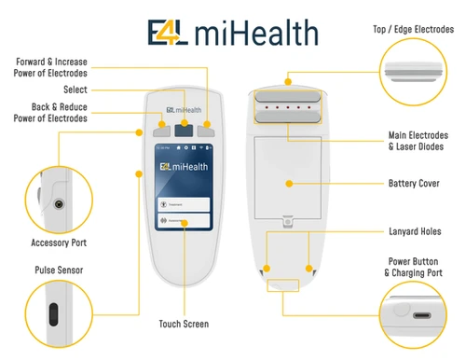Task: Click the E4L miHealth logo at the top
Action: coord(232,34)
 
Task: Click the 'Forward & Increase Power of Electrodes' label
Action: coord(52,67)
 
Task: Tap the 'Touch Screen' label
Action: coord(184,324)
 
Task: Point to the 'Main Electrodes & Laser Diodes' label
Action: coord(414,141)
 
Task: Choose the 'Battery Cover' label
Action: coord(414,184)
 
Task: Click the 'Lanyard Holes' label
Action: coord(415,230)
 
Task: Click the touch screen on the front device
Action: coord(184,191)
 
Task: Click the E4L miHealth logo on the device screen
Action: coord(184,167)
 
